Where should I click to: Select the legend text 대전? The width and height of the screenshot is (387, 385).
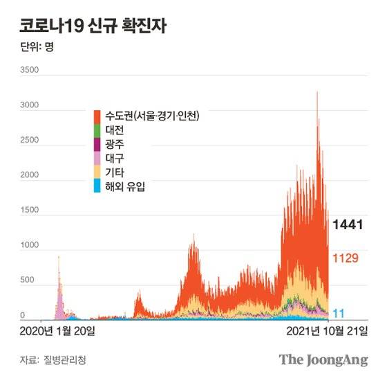pyautogui.click(x=114, y=129)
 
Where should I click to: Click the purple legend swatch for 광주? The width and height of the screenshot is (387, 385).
pyautogui.click(x=97, y=143)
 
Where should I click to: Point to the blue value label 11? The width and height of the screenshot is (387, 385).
pyautogui.click(x=339, y=312)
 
